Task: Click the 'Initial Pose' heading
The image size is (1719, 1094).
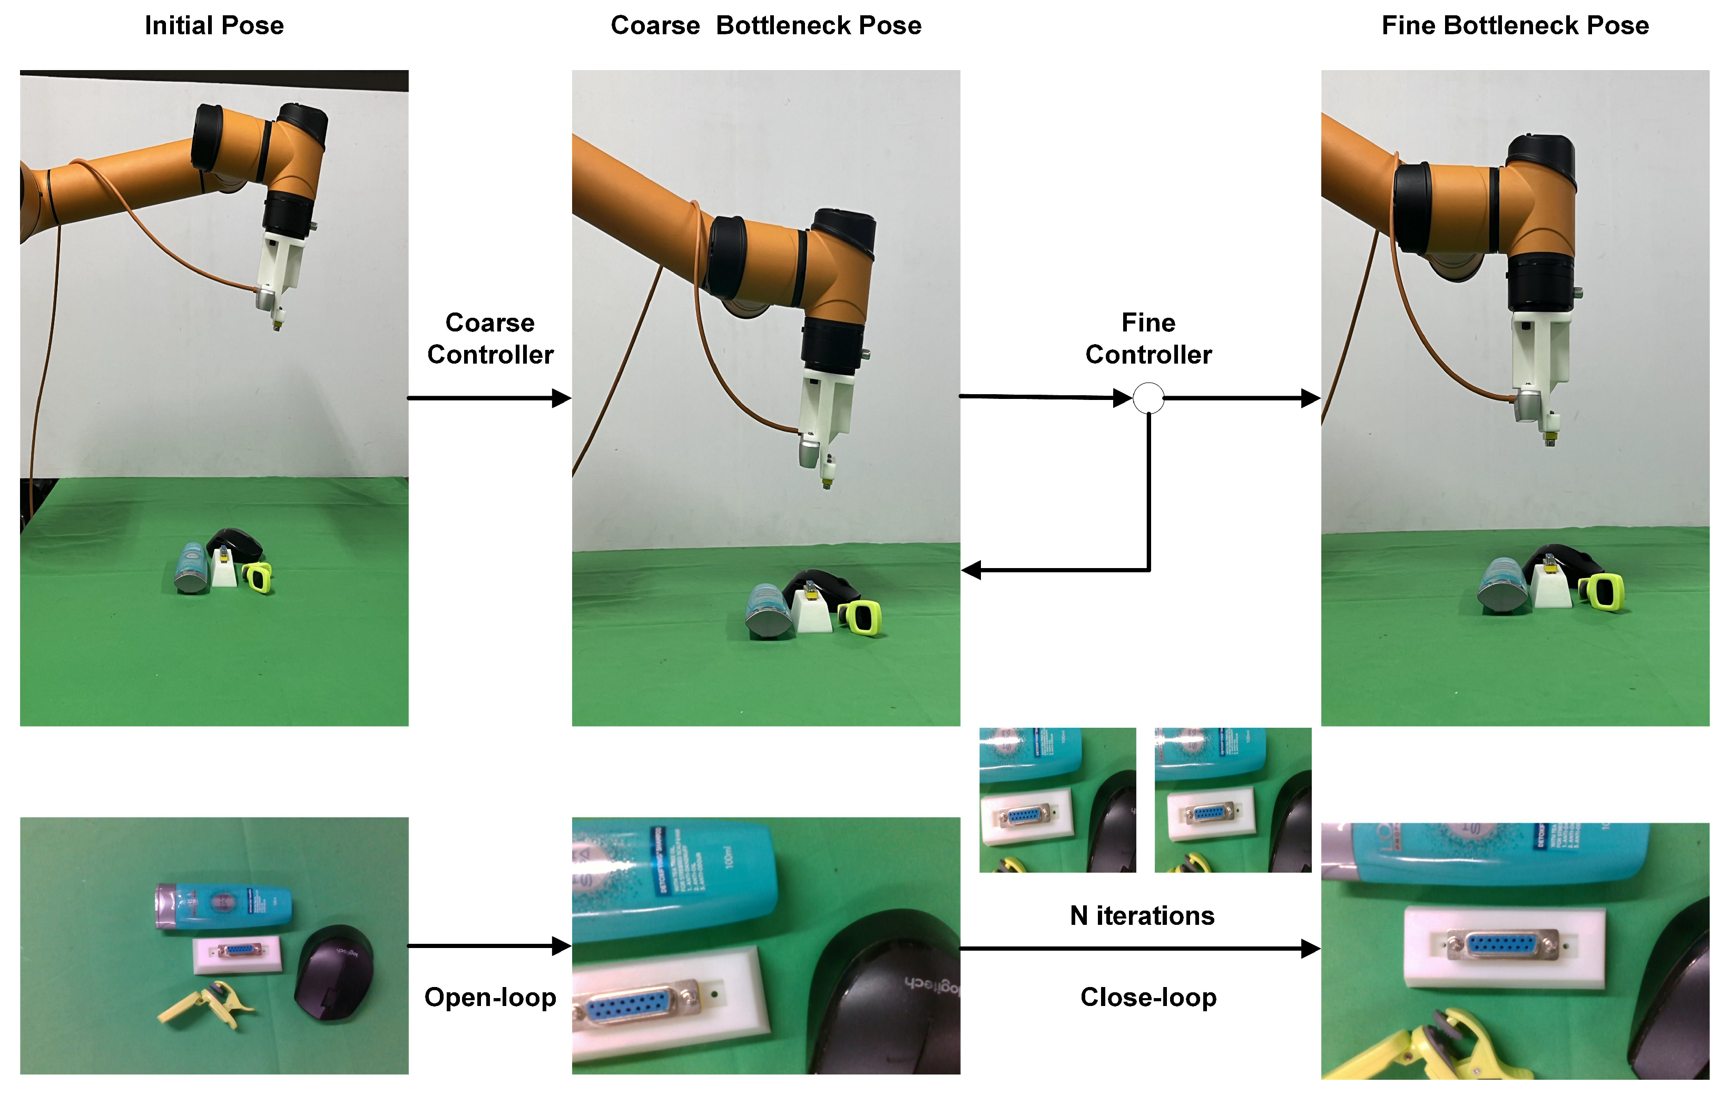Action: (214, 26)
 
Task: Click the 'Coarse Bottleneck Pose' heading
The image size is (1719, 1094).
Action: (765, 26)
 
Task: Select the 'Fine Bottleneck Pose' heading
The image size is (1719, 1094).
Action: (1515, 26)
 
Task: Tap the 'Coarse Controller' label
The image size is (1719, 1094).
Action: (490, 338)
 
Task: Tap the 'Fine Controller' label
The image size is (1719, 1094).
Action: (1148, 338)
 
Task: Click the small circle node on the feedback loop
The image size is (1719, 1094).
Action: (1148, 398)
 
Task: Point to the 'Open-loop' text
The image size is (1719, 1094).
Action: (490, 997)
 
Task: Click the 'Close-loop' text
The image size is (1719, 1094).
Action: (1148, 997)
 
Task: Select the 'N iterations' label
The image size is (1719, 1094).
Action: (1142, 915)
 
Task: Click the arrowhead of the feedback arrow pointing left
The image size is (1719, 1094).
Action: (971, 570)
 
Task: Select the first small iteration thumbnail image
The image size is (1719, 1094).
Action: (1057, 800)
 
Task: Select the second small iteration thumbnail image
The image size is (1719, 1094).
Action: (1233, 800)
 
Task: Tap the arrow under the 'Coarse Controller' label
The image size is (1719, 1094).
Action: (490, 398)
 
